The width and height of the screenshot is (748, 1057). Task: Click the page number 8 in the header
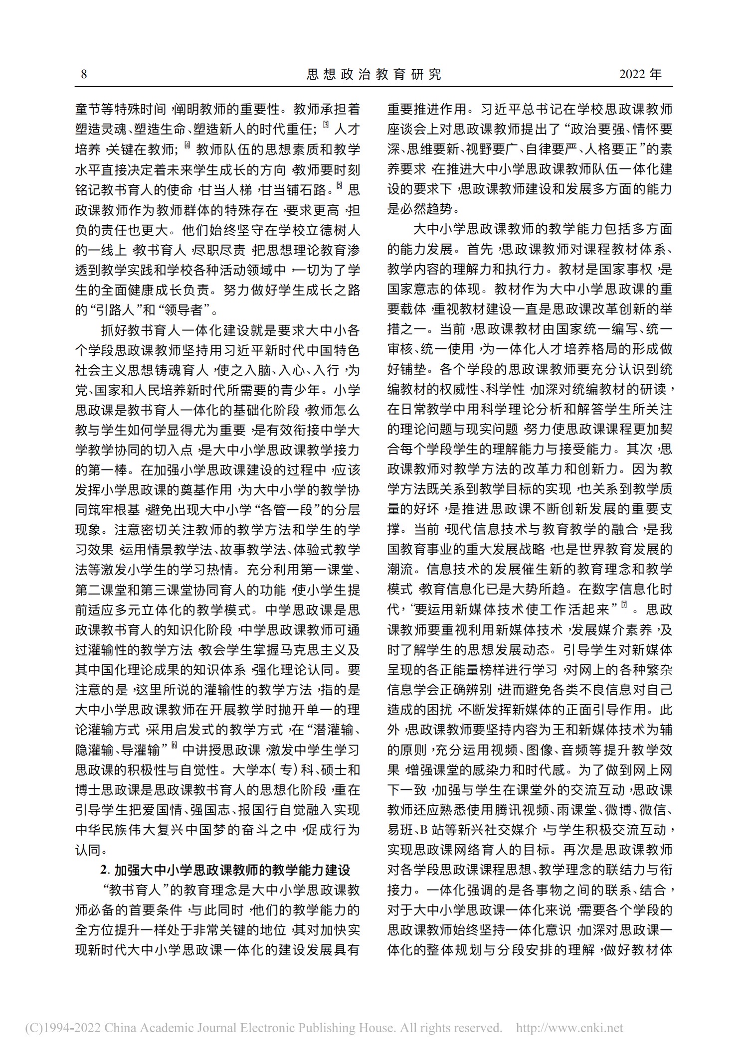[x=84, y=75]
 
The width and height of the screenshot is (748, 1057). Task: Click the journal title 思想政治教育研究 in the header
[x=374, y=75]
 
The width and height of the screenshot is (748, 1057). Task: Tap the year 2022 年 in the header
[x=640, y=75]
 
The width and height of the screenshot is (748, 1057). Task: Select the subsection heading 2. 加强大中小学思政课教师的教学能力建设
[x=225, y=870]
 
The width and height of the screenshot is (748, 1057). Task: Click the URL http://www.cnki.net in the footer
[x=569, y=1028]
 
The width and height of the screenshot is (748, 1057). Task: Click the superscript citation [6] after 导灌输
[x=174, y=746]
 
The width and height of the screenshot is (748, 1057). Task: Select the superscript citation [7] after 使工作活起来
[x=623, y=605]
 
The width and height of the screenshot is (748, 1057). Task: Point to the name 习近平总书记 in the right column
[x=516, y=109]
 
